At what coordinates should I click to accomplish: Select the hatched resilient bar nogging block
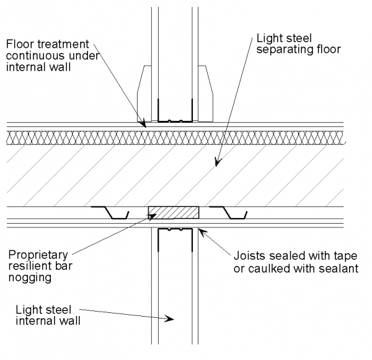(173, 213)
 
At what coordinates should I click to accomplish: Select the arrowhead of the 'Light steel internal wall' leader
(172, 318)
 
